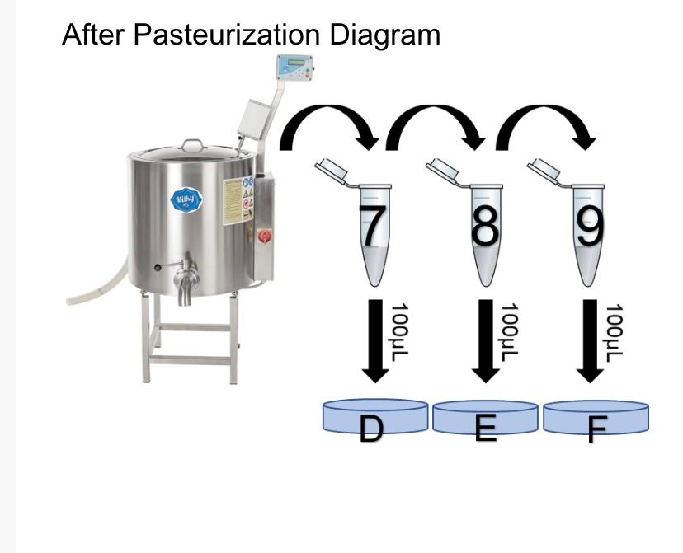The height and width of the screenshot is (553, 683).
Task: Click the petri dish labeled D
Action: pos(375,418)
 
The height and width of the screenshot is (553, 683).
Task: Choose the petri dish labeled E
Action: pos(485,418)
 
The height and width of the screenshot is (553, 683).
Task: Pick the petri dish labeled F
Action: pos(596,418)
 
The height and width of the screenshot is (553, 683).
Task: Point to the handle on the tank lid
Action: pos(193,145)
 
